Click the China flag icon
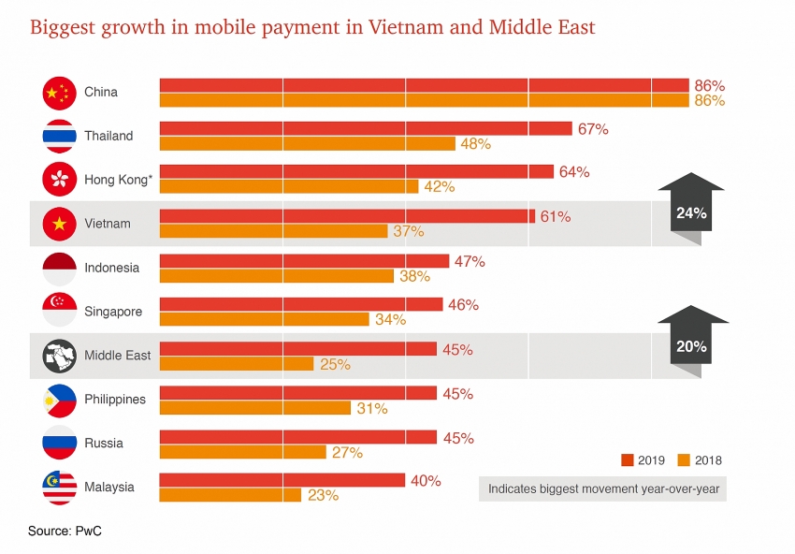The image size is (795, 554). click(59, 92)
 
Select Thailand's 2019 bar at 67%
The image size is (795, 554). click(366, 128)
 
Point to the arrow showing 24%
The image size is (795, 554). click(692, 209)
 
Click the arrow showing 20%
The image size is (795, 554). click(692, 342)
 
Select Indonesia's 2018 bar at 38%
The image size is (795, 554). click(277, 275)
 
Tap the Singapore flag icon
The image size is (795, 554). click(59, 311)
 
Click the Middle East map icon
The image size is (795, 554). click(59, 356)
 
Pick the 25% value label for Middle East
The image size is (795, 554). click(335, 364)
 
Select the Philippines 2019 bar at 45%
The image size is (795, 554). click(298, 393)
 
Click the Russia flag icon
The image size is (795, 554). click(59, 443)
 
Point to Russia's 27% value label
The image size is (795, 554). click(347, 452)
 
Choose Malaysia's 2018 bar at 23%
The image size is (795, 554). click(230, 495)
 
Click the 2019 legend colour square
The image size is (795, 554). click(628, 459)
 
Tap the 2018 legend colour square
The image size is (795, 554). click(683, 459)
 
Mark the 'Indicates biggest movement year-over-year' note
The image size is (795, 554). click(601, 488)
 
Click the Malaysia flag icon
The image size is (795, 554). click(59, 488)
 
